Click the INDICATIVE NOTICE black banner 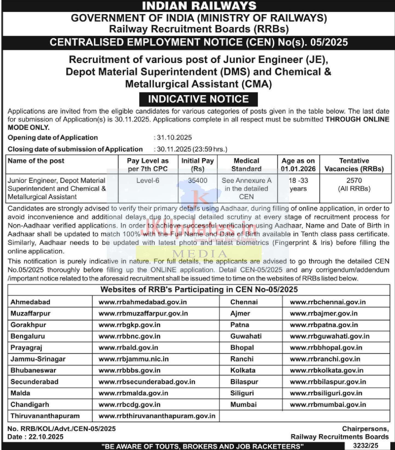coord(198,99)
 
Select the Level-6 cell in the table coord(148,181)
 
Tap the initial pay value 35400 coord(197,181)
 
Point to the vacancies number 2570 coord(354,181)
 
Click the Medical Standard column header coord(246,165)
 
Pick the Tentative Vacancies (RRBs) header coord(354,165)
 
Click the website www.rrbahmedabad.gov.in coord(143,302)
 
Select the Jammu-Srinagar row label coord(38,359)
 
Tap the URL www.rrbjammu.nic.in coord(133,359)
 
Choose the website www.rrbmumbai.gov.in coord(328,404)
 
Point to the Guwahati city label coord(246,336)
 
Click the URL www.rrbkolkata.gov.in coord(327,370)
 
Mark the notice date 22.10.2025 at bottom coord(46,437)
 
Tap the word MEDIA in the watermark coord(200,254)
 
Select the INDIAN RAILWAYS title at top coord(199,6)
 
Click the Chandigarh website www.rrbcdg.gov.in coord(129,404)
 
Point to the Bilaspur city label coord(244,382)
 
